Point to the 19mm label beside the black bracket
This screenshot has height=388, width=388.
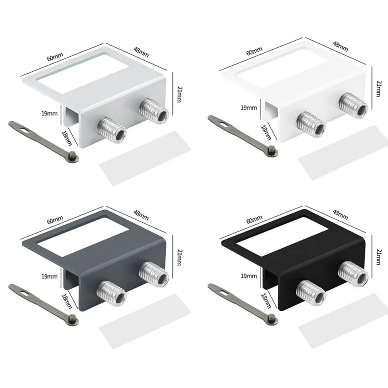tap(249, 276)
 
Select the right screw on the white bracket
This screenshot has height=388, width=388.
tap(353, 104)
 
